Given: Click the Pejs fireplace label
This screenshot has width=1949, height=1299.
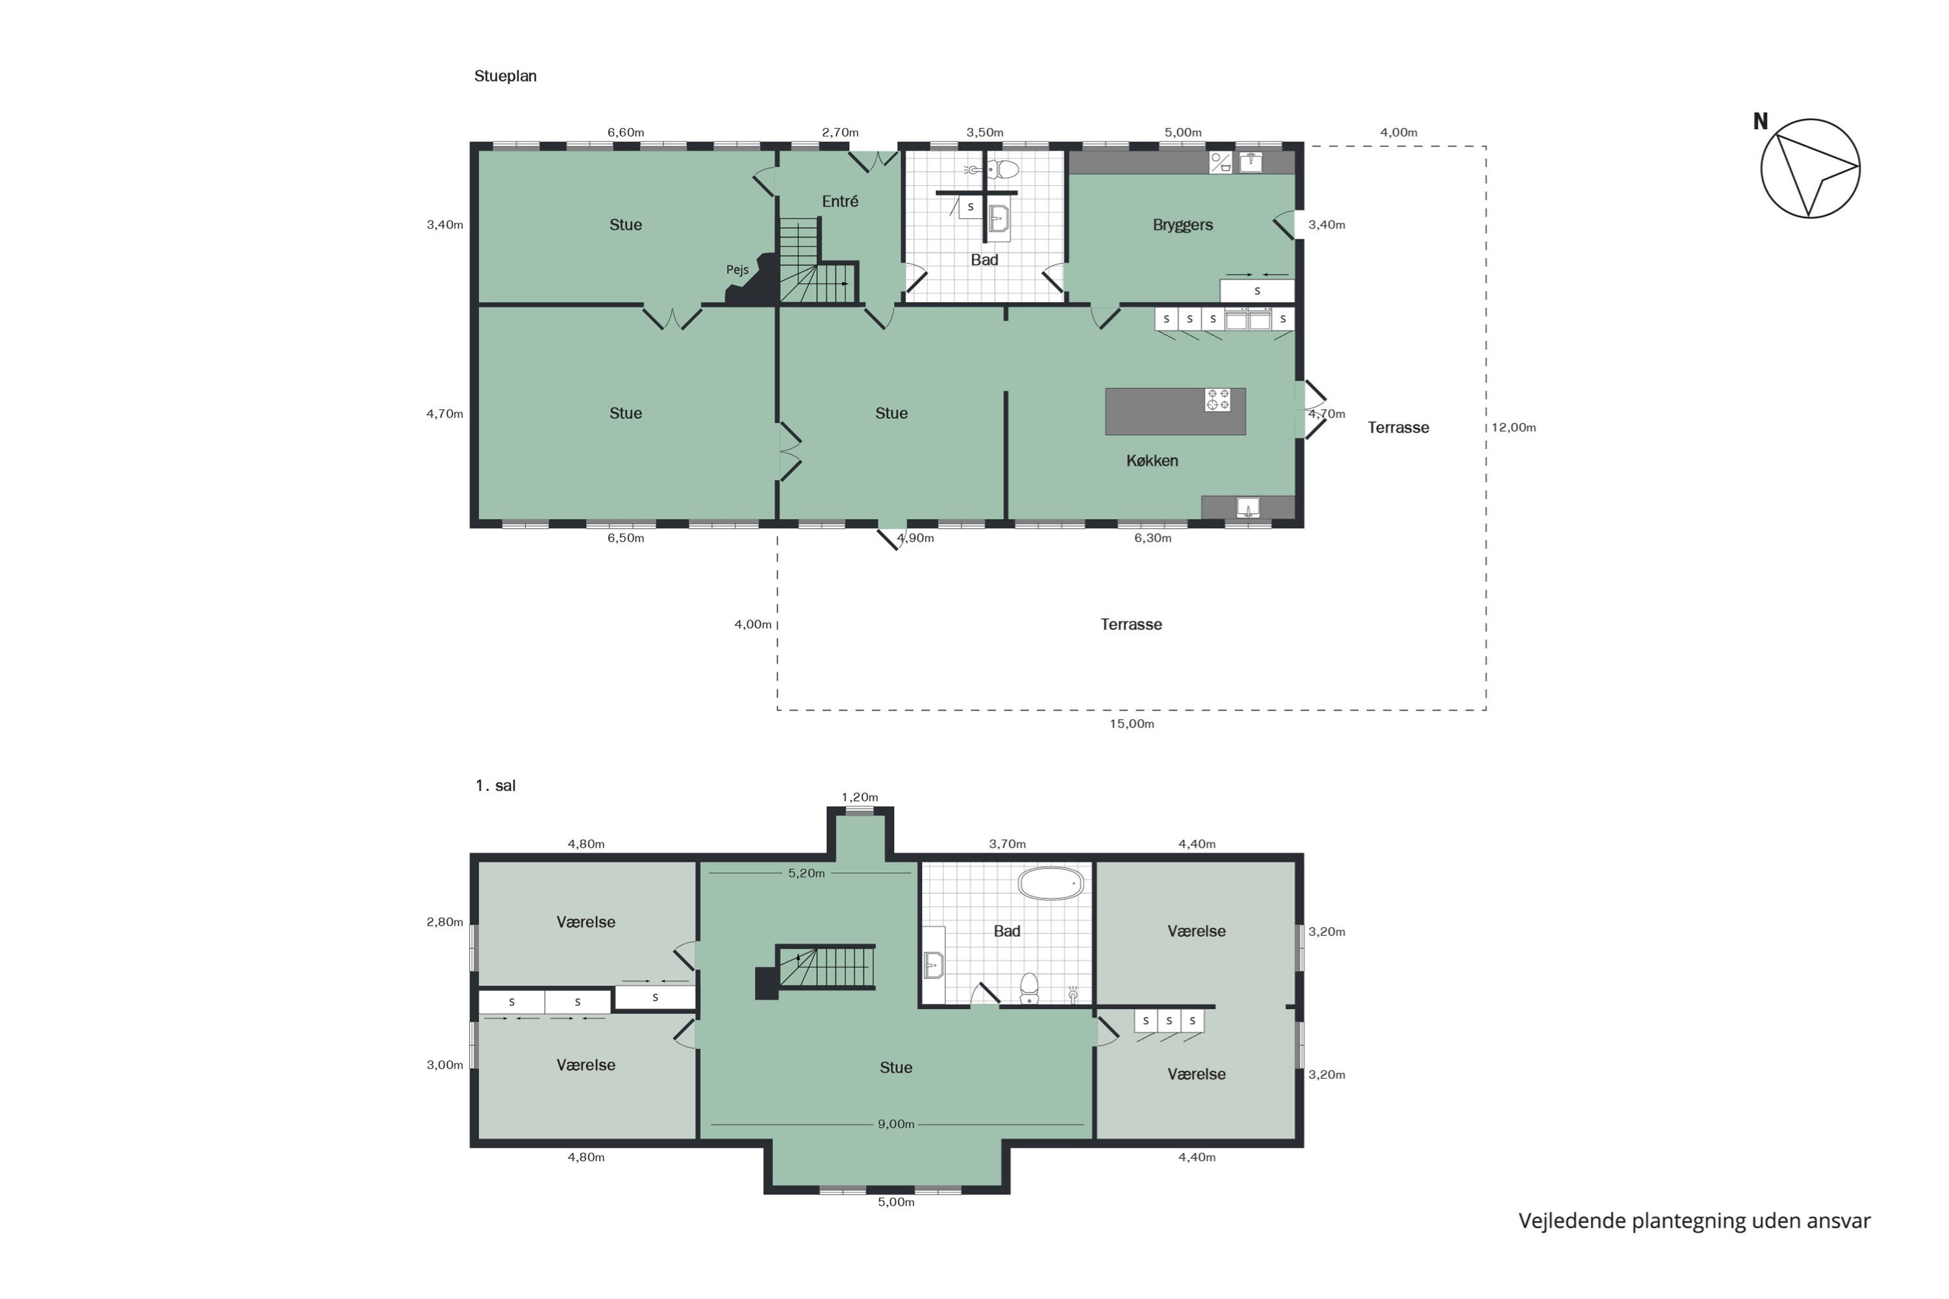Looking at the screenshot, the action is (x=737, y=270).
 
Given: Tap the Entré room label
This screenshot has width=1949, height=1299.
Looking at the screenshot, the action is (x=839, y=201).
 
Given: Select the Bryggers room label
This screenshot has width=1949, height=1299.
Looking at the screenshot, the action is (x=1182, y=225).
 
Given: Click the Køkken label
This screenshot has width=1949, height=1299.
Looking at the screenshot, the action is (x=1152, y=460).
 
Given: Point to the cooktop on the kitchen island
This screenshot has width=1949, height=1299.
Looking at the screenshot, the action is (x=1217, y=400).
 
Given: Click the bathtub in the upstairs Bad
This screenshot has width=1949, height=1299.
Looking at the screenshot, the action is (x=1051, y=884).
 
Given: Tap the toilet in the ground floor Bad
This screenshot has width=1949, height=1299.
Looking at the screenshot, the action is (x=1005, y=170).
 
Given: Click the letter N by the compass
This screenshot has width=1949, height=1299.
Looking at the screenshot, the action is (x=1760, y=122).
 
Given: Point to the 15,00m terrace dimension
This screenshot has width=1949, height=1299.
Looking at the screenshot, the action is (x=1132, y=724).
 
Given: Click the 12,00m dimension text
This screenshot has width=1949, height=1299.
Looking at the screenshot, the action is (x=1513, y=427).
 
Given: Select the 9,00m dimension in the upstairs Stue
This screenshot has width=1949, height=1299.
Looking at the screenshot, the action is (x=896, y=1124).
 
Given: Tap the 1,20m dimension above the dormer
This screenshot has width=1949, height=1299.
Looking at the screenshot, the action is (x=860, y=798).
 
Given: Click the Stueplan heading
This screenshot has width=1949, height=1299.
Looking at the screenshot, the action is (x=505, y=76).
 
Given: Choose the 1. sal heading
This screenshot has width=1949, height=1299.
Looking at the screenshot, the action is (x=496, y=785).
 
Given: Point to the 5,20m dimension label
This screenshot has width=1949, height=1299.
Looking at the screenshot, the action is (x=806, y=873).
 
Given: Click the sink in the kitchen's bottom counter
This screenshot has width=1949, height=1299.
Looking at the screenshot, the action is (x=1248, y=507).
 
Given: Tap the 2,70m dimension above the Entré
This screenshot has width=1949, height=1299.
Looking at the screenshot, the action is (x=840, y=132).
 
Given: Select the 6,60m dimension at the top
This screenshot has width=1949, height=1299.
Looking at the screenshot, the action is (x=626, y=132).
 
